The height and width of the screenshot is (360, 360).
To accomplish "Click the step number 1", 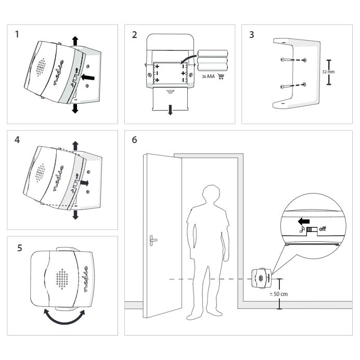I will pyautogui.click(x=17, y=35).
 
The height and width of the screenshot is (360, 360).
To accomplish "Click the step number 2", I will pyautogui.click(x=135, y=35).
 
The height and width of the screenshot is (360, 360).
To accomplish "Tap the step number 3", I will pyautogui.click(x=252, y=36).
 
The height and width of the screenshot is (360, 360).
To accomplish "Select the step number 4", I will pyautogui.click(x=17, y=140).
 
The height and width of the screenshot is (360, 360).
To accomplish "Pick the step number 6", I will pyautogui.click(x=135, y=140).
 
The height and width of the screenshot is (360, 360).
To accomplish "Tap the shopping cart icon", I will pyautogui.click(x=221, y=76).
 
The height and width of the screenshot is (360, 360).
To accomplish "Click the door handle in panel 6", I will pyautogui.click(x=152, y=240).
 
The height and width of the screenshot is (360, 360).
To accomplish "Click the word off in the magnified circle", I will pyautogui.click(x=322, y=229).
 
